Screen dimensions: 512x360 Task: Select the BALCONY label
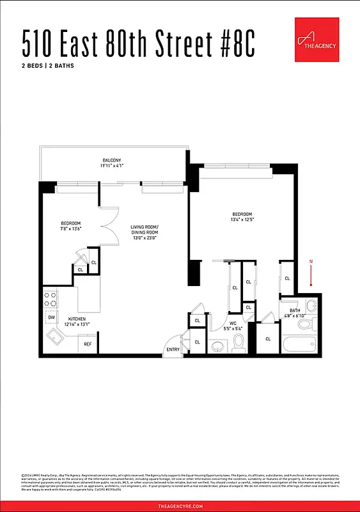[112, 160]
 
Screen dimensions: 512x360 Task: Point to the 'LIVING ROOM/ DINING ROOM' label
[144, 230]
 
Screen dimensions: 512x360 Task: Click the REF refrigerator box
[88, 344]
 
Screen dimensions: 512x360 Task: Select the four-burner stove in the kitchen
[51, 298]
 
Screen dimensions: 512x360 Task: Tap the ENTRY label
[173, 349]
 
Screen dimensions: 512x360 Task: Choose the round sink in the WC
[217, 346]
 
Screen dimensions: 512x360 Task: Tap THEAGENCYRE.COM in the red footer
[180, 506]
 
